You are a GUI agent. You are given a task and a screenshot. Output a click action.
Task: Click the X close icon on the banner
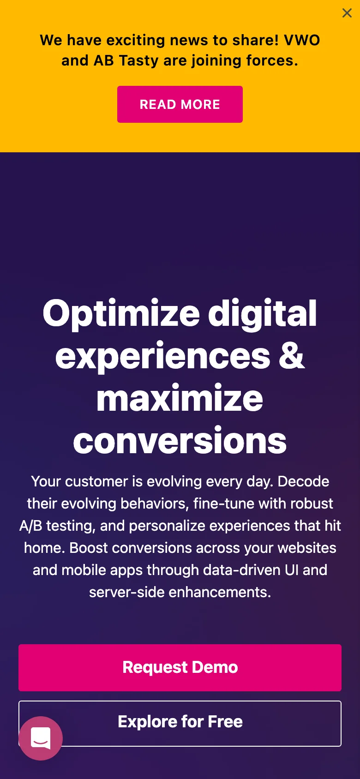click(x=347, y=13)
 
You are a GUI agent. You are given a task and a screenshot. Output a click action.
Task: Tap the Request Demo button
click(x=180, y=667)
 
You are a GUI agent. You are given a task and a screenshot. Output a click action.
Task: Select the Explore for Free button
click(x=180, y=723)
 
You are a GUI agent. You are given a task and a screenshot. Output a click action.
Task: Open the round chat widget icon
click(x=41, y=738)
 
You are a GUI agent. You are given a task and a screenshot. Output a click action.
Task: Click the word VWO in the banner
click(x=302, y=40)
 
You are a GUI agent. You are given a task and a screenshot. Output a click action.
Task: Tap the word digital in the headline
click(x=262, y=314)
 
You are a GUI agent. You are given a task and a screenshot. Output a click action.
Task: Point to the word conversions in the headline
click(x=180, y=441)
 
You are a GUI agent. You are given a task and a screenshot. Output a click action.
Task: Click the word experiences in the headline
click(x=163, y=357)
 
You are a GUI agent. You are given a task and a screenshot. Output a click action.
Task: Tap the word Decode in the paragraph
click(x=303, y=482)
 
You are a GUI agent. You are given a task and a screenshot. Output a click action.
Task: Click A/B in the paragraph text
click(x=31, y=526)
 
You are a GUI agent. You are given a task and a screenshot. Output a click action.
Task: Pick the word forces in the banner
click(x=272, y=61)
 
